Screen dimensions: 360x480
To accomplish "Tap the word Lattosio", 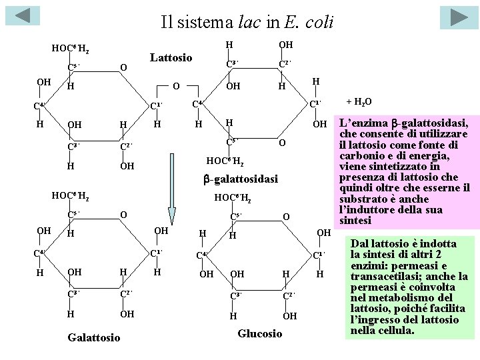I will click(x=171, y=58).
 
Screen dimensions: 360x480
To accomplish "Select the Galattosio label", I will click(x=94, y=338).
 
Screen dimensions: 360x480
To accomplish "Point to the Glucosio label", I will click(x=260, y=333).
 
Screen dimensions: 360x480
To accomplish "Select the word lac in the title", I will click(x=249, y=23).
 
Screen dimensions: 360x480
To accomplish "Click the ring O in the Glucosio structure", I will click(x=285, y=216).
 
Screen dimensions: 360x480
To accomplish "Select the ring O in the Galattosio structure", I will click(x=123, y=213).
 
